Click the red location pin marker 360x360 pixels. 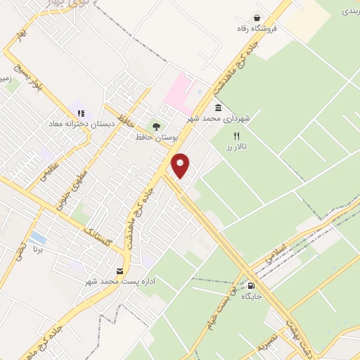click(181, 165)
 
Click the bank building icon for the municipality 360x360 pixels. click(218, 108)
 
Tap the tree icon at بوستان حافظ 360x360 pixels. click(156, 126)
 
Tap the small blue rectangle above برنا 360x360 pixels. click(39, 238)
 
